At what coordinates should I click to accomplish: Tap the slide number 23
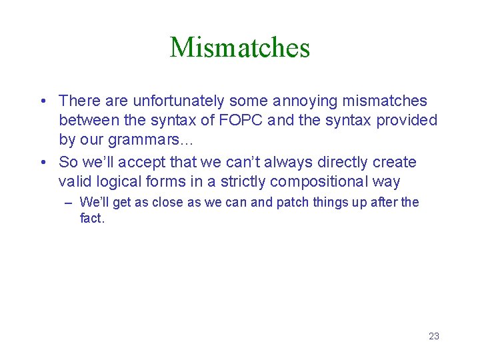[x=434, y=336]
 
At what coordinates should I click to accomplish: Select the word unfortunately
[x=179, y=101]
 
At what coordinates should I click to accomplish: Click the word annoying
[x=304, y=101]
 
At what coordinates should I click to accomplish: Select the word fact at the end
[x=91, y=218]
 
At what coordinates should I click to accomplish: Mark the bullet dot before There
[x=42, y=101]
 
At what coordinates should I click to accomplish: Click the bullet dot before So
[x=42, y=162]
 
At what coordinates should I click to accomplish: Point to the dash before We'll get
[x=69, y=202]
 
